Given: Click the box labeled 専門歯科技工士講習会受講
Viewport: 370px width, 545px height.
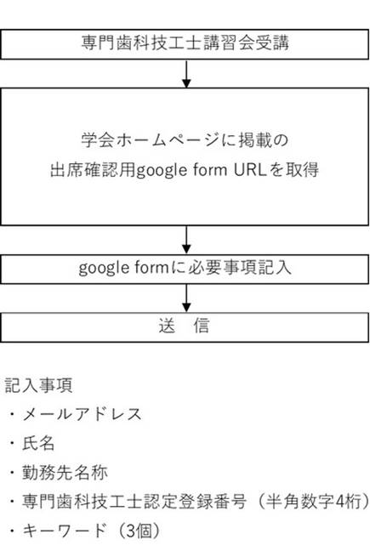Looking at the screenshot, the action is (x=185, y=44).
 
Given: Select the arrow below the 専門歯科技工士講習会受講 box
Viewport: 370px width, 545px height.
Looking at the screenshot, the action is (x=187, y=73).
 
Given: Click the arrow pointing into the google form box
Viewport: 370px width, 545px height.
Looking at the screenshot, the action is (x=187, y=240).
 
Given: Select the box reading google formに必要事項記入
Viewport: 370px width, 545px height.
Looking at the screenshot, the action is (x=185, y=269).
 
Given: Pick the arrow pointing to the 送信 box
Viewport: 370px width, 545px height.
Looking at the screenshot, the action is (x=187, y=298).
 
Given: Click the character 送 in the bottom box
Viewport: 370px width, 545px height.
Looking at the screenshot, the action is (x=167, y=326).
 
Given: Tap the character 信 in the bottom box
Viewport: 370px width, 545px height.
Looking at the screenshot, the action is (x=202, y=326).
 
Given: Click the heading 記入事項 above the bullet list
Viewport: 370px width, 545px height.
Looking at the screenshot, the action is (x=38, y=385).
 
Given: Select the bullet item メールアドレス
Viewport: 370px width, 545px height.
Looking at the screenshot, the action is (x=82, y=414).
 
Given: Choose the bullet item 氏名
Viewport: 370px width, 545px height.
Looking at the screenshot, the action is (x=38, y=444).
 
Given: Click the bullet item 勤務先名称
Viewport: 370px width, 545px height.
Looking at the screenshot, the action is (x=65, y=473).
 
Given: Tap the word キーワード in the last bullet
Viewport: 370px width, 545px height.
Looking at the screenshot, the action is (x=64, y=531).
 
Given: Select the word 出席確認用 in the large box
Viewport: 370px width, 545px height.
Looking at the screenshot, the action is (x=93, y=170).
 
